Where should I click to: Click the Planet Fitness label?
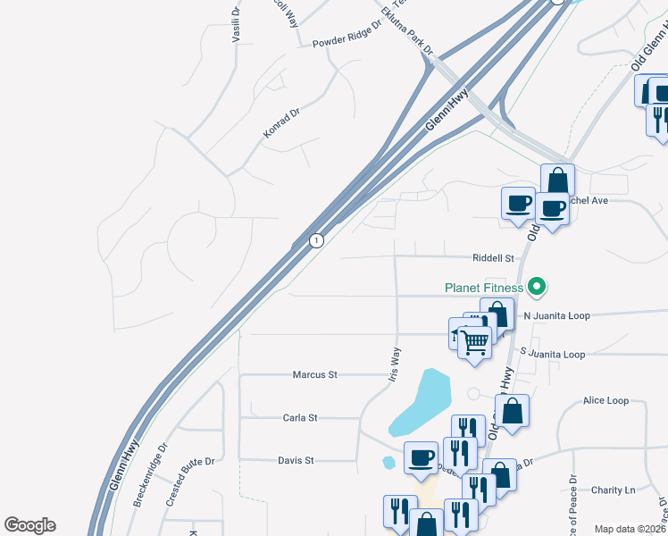coord(484,288)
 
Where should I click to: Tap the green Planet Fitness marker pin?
coord(536,287)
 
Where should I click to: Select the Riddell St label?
coord(495,258)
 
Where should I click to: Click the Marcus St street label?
coord(314,375)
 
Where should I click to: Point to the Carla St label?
coord(300,418)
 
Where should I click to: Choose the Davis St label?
coord(296,461)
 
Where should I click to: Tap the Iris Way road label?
coord(395,364)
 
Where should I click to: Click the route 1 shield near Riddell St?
coord(316,240)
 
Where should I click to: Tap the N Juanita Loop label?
coord(556,316)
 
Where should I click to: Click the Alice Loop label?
coord(605,401)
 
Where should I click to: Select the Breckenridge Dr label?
coord(150,476)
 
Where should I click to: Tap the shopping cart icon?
coord(475,339)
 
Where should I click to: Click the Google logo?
coord(29,525)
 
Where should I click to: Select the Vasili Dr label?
coord(236,25)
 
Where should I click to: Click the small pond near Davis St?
coord(388,463)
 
